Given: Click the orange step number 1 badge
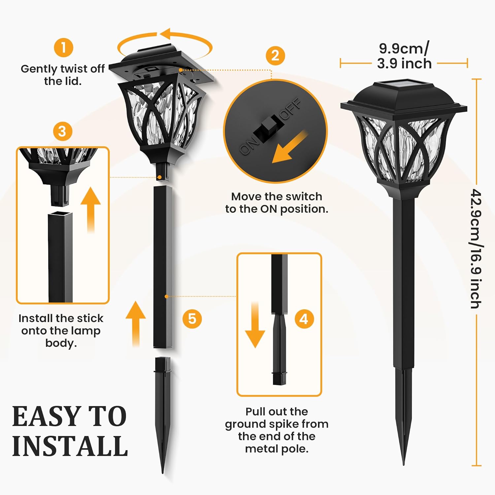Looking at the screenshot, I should click(63, 48).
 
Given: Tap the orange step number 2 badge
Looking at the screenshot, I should click(275, 55).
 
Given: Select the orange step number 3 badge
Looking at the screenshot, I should click(62, 131).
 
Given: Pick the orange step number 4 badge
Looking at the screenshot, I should click(304, 319).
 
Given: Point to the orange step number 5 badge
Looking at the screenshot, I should click(192, 319).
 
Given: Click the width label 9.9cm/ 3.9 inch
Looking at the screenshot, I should click(404, 56).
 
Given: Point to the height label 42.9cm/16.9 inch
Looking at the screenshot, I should click(476, 249).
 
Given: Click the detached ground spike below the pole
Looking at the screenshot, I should click(163, 412).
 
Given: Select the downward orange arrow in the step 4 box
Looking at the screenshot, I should click(255, 325).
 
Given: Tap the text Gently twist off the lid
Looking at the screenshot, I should click(63, 75).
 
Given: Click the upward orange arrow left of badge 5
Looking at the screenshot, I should click(136, 323).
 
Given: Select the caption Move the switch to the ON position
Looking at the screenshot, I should click(277, 203).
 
